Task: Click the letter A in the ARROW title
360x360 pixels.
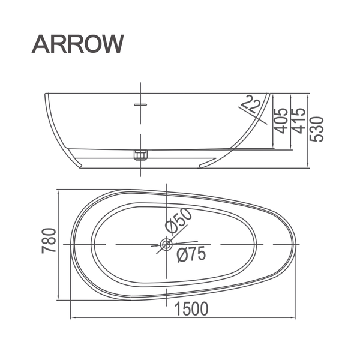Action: pyautogui.click(x=41, y=43)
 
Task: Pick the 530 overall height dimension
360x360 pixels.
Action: pyautogui.click(x=317, y=128)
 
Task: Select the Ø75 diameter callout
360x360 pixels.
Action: pyautogui.click(x=191, y=254)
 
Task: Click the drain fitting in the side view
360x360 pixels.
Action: pyautogui.click(x=140, y=155)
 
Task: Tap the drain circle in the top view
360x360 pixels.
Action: pyautogui.click(x=166, y=245)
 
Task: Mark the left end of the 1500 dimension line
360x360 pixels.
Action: pyautogui.click(x=71, y=318)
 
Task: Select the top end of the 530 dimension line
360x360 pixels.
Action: pyautogui.click(x=308, y=94)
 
